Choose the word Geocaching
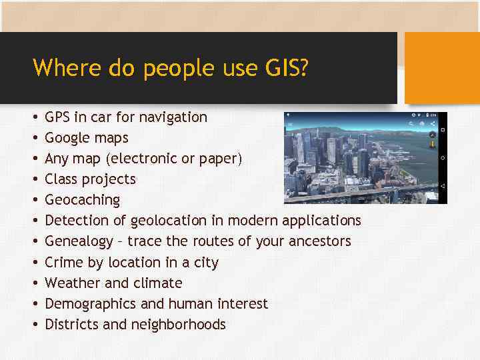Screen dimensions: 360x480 point(83,200)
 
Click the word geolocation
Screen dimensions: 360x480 point(169,221)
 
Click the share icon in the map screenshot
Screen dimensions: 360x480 point(432,123)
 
